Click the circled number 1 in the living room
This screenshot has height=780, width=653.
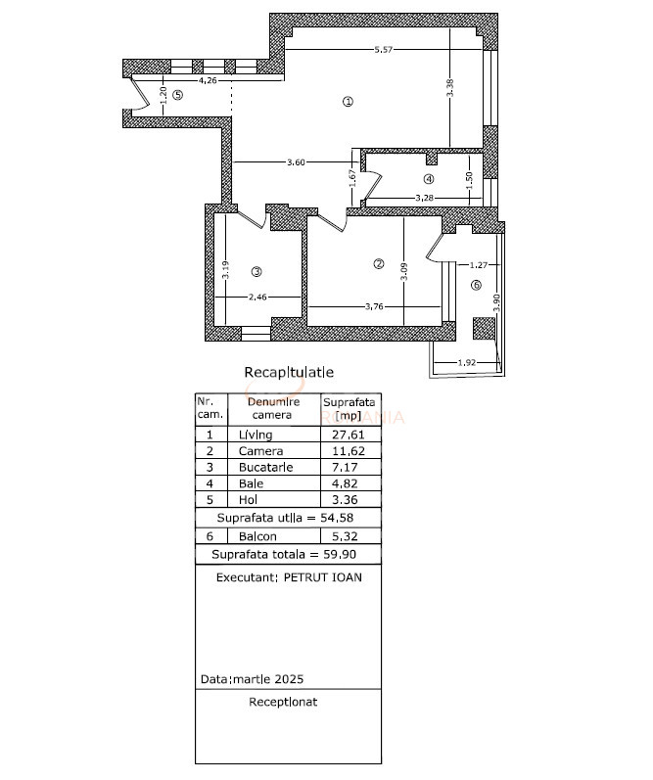(x=348, y=101)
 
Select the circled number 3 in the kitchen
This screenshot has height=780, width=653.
(x=257, y=271)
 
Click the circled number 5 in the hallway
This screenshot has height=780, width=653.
(x=177, y=95)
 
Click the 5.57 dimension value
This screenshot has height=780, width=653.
(x=385, y=50)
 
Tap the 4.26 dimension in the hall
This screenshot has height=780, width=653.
(x=208, y=80)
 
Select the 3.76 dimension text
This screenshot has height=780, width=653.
(x=373, y=306)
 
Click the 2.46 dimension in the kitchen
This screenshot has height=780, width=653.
(x=257, y=297)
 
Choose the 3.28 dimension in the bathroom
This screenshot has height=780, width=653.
(x=424, y=198)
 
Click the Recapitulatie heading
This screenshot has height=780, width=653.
(x=289, y=372)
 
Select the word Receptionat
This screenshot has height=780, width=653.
(x=283, y=702)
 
